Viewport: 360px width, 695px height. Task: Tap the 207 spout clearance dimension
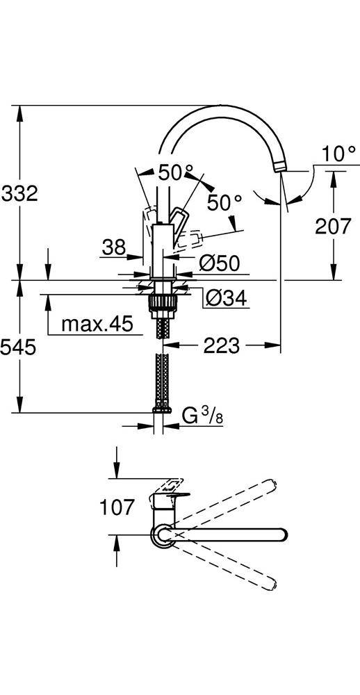pyautogui.click(x=333, y=227)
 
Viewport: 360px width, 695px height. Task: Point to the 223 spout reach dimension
pyautogui.click(x=222, y=345)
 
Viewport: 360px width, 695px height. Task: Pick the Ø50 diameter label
pyautogui.click(x=219, y=263)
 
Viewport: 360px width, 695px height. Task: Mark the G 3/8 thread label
pyautogui.click(x=205, y=416)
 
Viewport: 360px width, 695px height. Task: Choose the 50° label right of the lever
pyautogui.click(x=224, y=202)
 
